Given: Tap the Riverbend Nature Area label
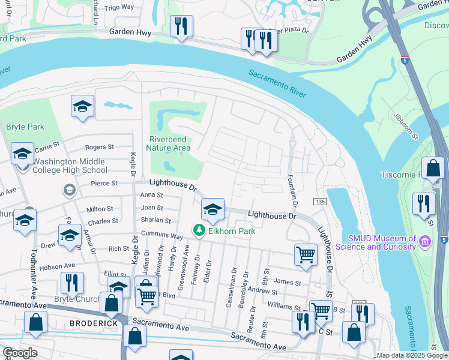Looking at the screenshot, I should (168, 143).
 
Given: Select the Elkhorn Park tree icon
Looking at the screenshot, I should (197, 230).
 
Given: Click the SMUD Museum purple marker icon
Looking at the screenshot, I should (426, 242).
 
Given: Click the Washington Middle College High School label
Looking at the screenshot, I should (70, 166).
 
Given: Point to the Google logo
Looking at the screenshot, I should (20, 353).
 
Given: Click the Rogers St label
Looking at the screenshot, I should (99, 147).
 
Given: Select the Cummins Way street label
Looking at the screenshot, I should (162, 236).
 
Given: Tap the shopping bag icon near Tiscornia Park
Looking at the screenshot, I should (433, 167).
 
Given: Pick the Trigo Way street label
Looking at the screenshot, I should (119, 7).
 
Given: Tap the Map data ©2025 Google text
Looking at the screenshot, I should (411, 355).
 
